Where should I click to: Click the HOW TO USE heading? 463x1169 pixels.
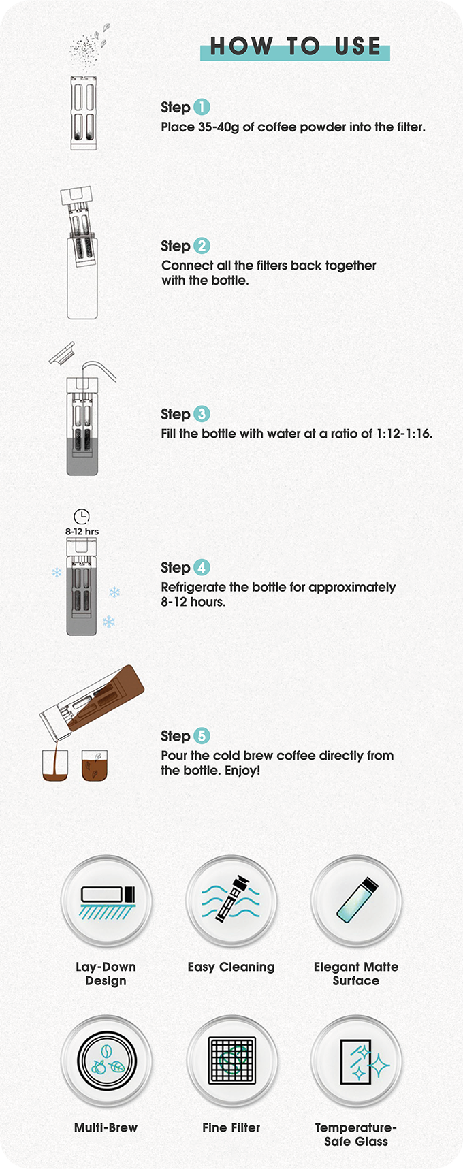pos(295,46)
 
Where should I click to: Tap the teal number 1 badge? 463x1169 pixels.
pos(202,107)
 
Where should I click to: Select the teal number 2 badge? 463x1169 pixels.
pos(202,246)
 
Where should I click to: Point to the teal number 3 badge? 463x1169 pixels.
pos(202,414)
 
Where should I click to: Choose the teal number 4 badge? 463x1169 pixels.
pos(202,567)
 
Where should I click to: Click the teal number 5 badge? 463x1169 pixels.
pos(202,736)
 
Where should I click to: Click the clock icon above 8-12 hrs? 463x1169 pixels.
pos(82,516)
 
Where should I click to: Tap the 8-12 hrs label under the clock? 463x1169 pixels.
pos(82,532)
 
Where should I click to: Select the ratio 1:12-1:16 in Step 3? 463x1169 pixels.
pos(404,434)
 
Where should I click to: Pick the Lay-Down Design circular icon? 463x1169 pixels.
pos(106,901)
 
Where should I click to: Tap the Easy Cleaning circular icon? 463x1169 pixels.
pos(231,901)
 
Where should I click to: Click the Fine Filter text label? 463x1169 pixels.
pos(231,1127)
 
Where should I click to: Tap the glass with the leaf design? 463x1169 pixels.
pos(95,765)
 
